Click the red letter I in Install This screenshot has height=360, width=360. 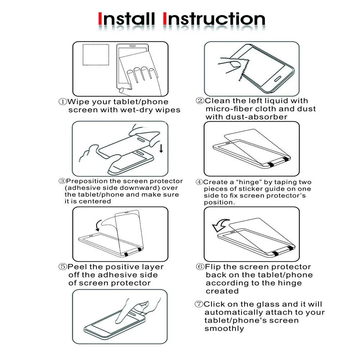pyautogui.click(x=100, y=19)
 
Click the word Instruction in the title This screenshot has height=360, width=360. pyautogui.click(x=214, y=19)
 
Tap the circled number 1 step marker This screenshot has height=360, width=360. pyautogui.click(x=63, y=102)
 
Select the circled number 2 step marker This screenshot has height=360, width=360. pyautogui.click(x=200, y=100)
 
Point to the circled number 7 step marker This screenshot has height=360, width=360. pyautogui.click(x=199, y=304)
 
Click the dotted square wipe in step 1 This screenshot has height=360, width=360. pyautogui.click(x=96, y=55)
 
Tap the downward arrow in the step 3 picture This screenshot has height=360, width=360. pyautogui.click(x=161, y=148)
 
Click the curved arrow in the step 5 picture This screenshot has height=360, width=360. pyautogui.click(x=98, y=225)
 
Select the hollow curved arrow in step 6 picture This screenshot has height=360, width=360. pyautogui.click(x=221, y=225)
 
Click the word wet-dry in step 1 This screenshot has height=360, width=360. pyautogui.click(x=136, y=110)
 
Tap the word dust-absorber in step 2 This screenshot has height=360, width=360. pyautogui.click(x=256, y=117)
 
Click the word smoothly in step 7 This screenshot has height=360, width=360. pyautogui.click(x=224, y=329)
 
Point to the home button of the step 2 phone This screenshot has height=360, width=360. pyautogui.click(x=278, y=78)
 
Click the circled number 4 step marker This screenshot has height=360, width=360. pyautogui.click(x=199, y=182)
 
